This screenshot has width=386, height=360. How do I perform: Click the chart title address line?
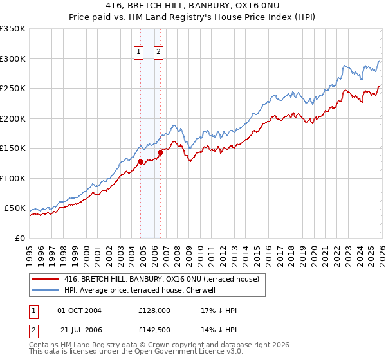point(192,5)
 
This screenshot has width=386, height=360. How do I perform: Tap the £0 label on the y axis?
point(20,238)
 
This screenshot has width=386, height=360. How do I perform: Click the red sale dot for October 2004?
point(140,162)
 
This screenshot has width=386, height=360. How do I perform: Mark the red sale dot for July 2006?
point(160,152)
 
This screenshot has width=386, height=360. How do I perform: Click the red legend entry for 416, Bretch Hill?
point(161,279)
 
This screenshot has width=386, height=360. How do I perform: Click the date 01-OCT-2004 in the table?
point(80,310)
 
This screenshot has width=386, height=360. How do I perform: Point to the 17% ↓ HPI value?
point(219,310)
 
